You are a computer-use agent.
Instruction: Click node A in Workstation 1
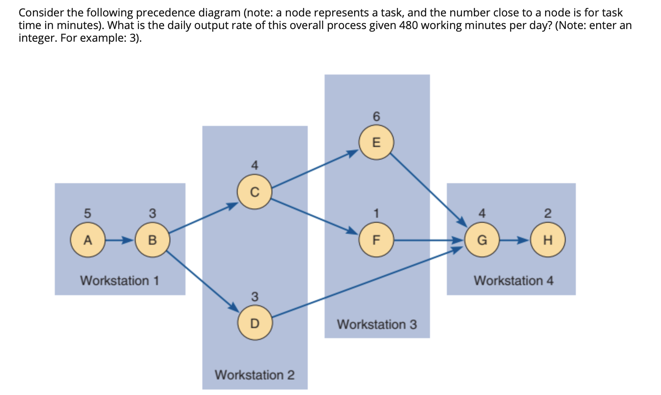click(x=88, y=240)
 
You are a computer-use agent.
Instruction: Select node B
click(x=153, y=240)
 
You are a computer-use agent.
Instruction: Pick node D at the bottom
click(x=255, y=323)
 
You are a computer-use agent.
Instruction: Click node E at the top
click(x=376, y=142)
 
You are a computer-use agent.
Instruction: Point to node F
click(x=376, y=240)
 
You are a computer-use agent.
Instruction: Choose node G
click(x=482, y=240)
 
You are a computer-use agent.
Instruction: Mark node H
click(x=548, y=240)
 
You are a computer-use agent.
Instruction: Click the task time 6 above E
click(x=376, y=116)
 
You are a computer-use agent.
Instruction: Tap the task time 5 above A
click(x=87, y=213)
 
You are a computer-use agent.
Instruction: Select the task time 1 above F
click(x=376, y=213)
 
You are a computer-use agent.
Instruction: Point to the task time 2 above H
click(x=548, y=213)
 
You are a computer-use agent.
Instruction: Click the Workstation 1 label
click(x=120, y=280)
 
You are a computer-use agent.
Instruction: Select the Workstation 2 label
click(x=255, y=375)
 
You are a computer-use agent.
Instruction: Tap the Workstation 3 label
click(x=377, y=324)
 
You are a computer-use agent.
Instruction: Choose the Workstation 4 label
click(x=513, y=280)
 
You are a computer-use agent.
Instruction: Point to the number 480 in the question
click(x=408, y=25)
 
